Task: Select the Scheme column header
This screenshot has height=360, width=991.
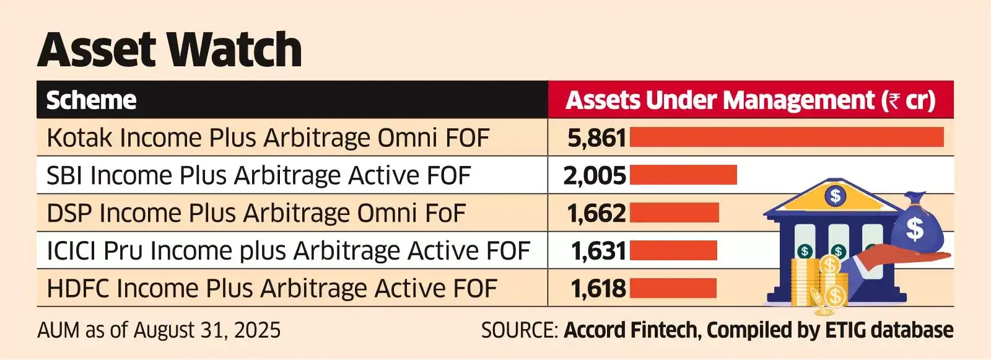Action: [91, 100]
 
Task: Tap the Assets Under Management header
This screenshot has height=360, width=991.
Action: [750, 100]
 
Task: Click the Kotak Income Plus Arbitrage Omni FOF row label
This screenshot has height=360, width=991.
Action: [268, 138]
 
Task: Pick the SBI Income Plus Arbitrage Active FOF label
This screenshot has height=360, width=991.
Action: [258, 175]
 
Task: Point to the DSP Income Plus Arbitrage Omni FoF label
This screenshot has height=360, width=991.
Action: [256, 213]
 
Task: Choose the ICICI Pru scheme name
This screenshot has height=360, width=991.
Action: [288, 251]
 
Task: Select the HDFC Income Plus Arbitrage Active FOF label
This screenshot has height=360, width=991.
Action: [272, 289]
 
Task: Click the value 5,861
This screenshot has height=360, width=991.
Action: [596, 138]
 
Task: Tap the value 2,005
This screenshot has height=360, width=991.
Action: [595, 175]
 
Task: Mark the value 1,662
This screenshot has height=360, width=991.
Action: [596, 213]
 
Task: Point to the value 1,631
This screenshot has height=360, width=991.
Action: [598, 251]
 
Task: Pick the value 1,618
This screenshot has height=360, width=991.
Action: [598, 289]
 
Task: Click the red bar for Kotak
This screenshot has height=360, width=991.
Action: [787, 137]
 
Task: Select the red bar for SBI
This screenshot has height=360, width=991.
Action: [683, 175]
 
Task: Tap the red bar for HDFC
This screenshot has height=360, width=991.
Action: [673, 288]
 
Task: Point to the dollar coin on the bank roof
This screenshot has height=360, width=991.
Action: [836, 196]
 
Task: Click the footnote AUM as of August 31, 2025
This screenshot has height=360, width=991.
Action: [159, 330]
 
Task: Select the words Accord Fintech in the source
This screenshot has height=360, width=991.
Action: [631, 330]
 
